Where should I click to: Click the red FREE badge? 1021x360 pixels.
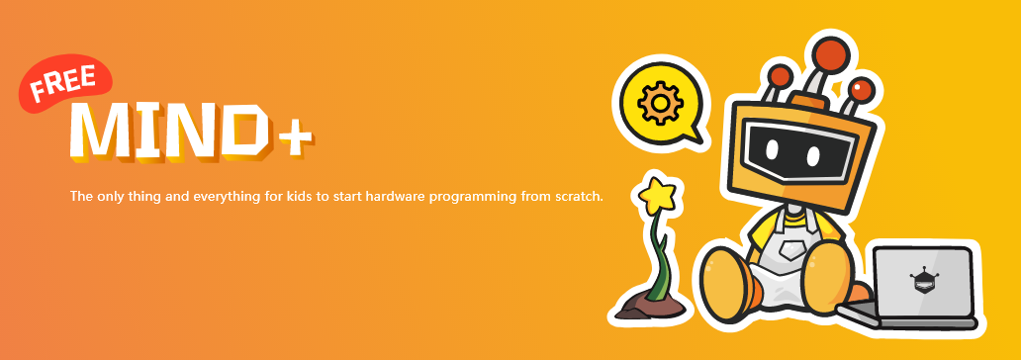tap(65, 83)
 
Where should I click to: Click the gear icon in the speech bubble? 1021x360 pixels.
tap(660, 103)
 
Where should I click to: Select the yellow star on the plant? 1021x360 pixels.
tap(656, 195)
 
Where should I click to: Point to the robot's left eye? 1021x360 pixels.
tap(772, 149)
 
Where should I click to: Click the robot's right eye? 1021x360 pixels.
tap(812, 155)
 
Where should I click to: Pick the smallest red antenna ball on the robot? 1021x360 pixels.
tap(780, 75)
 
